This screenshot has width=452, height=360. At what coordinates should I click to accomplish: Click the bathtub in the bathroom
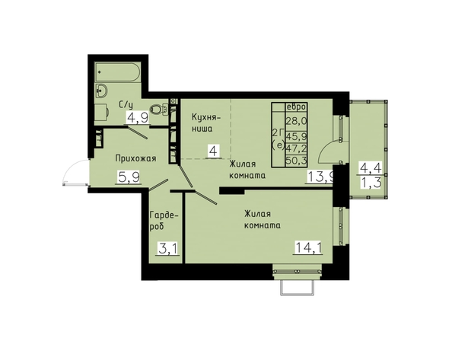click(118, 72)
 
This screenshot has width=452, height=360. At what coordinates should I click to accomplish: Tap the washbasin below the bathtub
click(101, 90)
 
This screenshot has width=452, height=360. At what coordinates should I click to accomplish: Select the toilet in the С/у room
click(158, 110)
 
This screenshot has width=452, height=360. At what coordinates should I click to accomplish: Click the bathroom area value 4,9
click(138, 118)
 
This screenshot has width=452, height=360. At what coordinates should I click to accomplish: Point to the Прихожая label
click(135, 158)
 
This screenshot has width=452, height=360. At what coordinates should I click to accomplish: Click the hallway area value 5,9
click(129, 177)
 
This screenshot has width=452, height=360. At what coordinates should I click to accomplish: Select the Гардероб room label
click(163, 221)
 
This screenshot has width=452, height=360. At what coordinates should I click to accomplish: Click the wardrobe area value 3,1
click(168, 248)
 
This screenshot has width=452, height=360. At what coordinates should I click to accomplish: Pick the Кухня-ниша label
click(205, 123)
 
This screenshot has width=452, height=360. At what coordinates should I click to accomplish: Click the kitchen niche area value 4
click(214, 151)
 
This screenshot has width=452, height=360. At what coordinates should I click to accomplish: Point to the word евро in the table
click(296, 107)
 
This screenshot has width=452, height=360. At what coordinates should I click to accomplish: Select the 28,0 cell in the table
click(296, 121)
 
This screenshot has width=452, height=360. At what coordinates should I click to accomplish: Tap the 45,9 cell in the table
click(296, 135)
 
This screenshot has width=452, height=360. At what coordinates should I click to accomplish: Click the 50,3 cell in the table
click(296, 160)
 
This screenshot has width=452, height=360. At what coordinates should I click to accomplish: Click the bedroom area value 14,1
click(308, 247)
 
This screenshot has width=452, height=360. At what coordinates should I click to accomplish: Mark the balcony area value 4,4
click(370, 167)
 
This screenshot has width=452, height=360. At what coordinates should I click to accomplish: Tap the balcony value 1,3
click(370, 182)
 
